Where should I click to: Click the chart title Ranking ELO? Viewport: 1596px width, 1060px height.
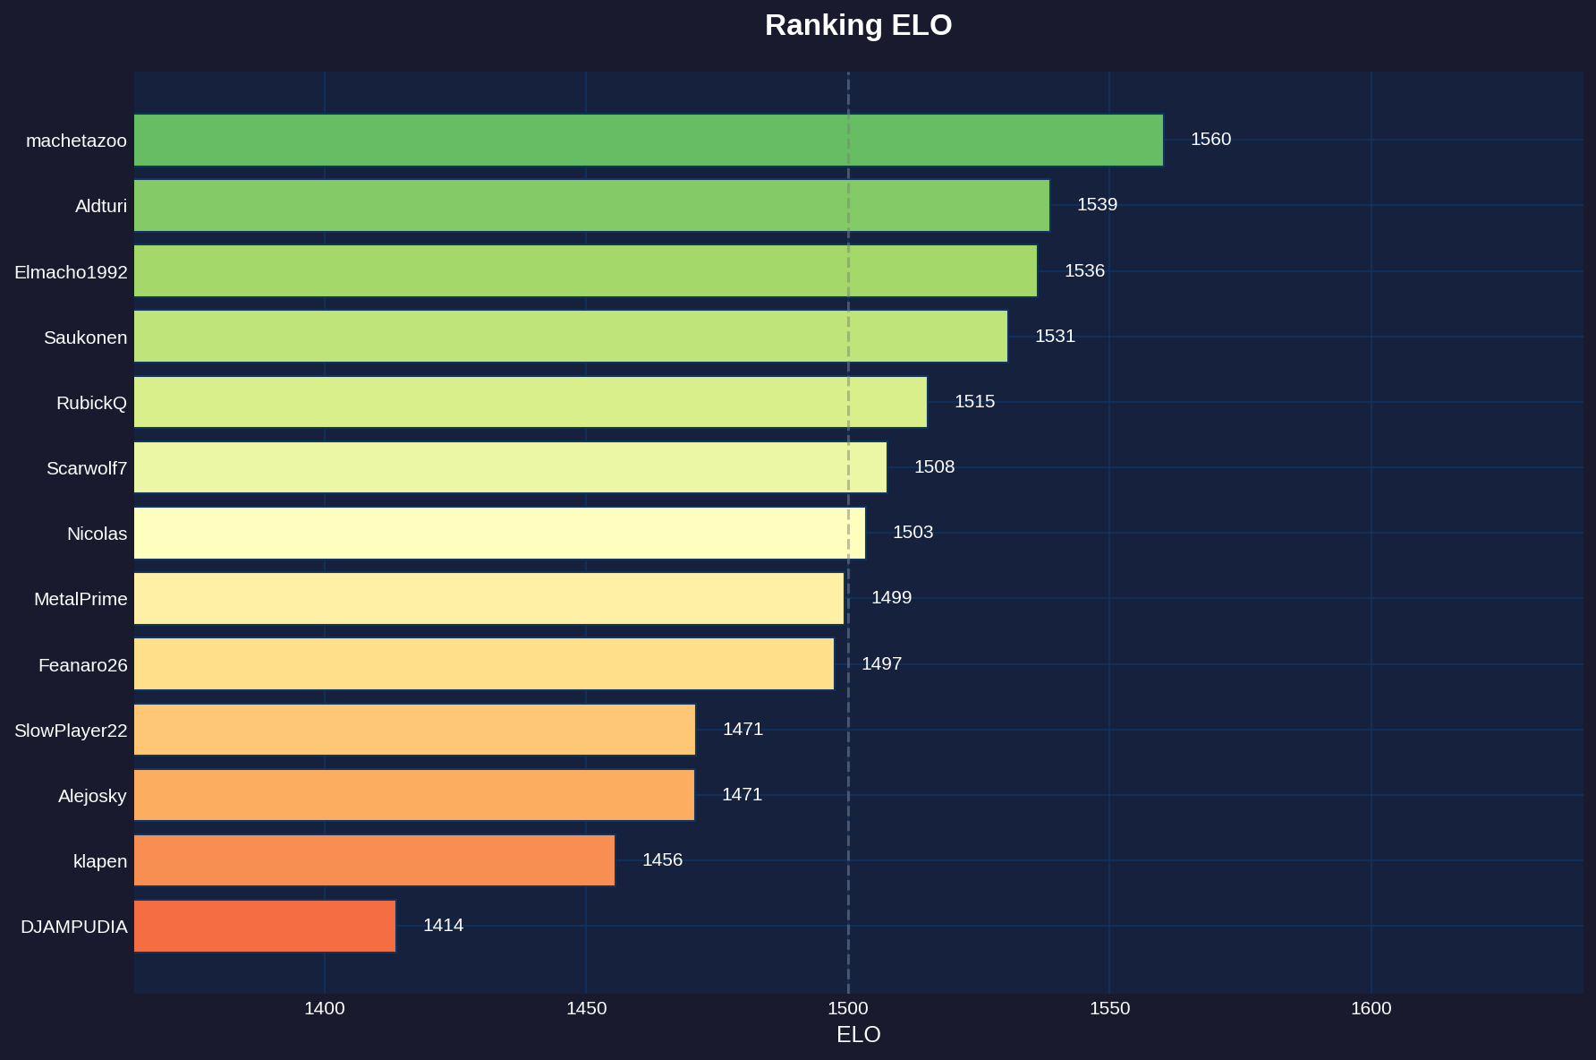click(858, 25)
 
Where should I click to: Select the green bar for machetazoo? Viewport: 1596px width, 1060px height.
click(649, 140)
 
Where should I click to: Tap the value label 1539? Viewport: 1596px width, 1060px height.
click(1097, 205)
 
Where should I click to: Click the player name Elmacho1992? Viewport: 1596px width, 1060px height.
click(71, 272)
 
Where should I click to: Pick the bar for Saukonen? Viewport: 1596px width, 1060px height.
click(571, 337)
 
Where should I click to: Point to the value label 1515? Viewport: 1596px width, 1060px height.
click(974, 402)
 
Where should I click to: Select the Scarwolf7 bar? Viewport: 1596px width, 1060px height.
click(510, 467)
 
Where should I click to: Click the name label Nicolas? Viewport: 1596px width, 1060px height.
click(97, 534)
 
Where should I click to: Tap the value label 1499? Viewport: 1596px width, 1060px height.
click(891, 598)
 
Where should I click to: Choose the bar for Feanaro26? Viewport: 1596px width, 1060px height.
click(484, 664)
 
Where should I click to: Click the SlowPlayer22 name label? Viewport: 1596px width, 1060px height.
click(71, 731)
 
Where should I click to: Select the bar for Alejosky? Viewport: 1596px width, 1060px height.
click(414, 795)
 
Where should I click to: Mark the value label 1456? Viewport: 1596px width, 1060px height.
click(662, 860)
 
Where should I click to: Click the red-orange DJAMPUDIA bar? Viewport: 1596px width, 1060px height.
click(265, 926)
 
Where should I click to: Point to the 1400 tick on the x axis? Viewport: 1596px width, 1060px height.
click(324, 1009)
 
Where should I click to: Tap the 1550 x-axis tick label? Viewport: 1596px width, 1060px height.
click(1109, 1009)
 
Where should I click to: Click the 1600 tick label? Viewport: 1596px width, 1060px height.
click(1371, 1009)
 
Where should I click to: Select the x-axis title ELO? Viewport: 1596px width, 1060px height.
click(858, 1035)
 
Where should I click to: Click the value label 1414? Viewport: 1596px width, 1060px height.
click(443, 926)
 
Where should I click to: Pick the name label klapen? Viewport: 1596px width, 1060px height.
click(100, 862)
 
